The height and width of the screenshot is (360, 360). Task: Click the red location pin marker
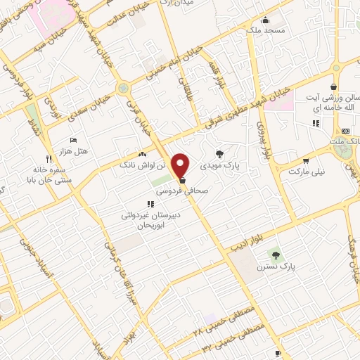[181, 165]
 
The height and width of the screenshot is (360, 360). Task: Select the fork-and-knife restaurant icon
[48, 158]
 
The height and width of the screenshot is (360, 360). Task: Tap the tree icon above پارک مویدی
[220, 153]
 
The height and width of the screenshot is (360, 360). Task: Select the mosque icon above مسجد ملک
[265, 20]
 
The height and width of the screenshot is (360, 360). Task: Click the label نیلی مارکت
[313, 170]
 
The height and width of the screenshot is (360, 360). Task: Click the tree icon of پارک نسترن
[276, 255]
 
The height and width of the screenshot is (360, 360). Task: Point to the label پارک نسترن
[295, 266]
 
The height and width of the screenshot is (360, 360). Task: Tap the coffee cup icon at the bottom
[278, 352]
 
